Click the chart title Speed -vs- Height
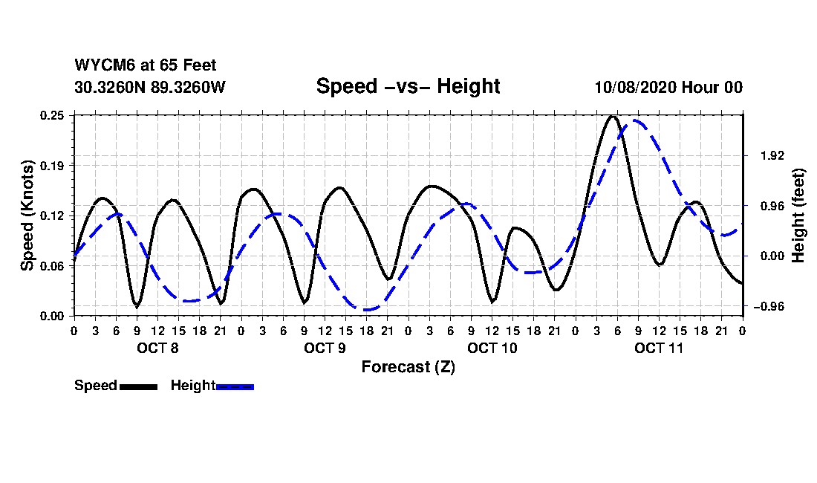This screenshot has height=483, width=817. (x=408, y=86)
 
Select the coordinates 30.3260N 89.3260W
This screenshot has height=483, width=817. (x=150, y=88)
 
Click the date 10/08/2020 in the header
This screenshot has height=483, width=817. (x=634, y=88)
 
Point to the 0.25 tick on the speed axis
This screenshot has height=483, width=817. (x=53, y=115)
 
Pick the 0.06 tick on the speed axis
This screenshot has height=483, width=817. (x=53, y=265)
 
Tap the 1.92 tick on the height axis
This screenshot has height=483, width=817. (x=764, y=156)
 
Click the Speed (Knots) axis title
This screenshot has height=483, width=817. (x=27, y=215)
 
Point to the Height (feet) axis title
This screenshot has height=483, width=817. (x=798, y=215)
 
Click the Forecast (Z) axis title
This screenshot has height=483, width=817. (x=408, y=367)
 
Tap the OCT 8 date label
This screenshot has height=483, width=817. (x=157, y=348)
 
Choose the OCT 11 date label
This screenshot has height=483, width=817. (x=659, y=348)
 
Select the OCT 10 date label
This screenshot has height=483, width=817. (x=492, y=348)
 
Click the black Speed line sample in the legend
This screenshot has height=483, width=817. (x=138, y=386)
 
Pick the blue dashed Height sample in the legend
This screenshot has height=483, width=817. (x=235, y=386)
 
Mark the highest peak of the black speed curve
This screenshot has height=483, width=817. (x=612, y=116)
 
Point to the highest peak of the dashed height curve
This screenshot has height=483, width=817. (x=636, y=120)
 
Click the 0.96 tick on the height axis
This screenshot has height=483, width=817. (x=764, y=206)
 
